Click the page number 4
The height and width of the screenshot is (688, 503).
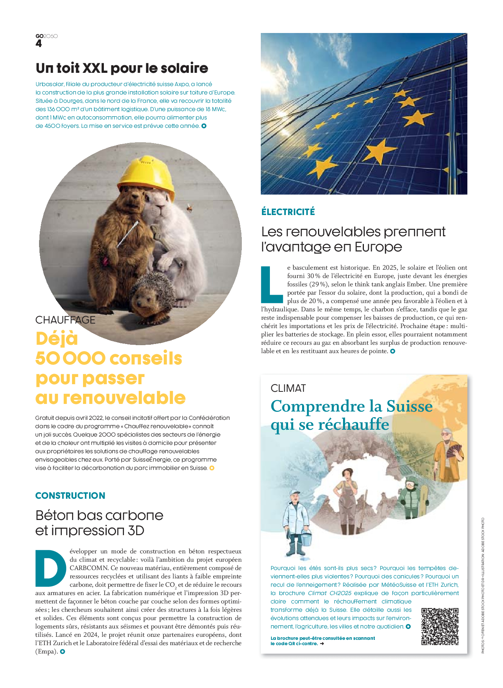39,44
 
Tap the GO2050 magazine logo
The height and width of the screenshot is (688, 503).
47,36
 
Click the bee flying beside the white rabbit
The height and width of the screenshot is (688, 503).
189,207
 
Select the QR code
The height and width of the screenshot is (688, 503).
440,626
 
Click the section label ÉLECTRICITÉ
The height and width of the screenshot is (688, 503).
288,212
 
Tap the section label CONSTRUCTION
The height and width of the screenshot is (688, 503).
70,495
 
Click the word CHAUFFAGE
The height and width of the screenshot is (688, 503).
65,320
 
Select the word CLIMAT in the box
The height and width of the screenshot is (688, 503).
288,388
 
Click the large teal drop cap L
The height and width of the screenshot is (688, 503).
271,285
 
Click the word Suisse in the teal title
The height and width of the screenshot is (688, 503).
409,406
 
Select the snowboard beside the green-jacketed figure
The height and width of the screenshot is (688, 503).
424,498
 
